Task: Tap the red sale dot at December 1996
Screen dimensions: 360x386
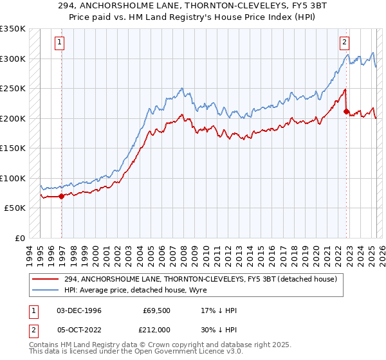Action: point(62,196)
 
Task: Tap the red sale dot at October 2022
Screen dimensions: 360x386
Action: point(346,111)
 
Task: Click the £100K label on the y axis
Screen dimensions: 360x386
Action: point(13,178)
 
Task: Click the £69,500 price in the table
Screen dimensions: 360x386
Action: point(156,311)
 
